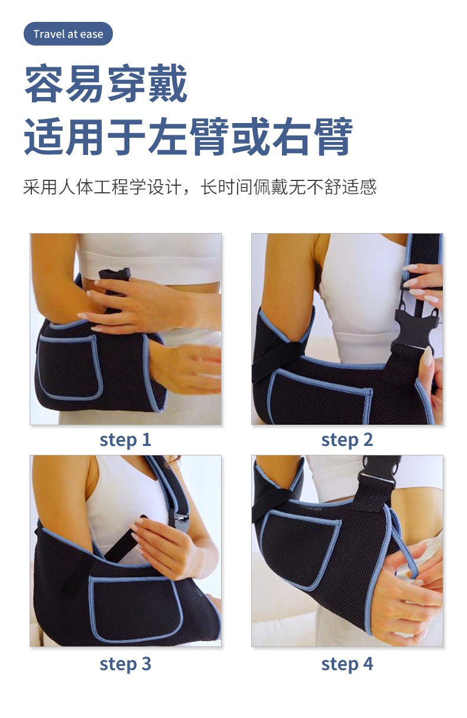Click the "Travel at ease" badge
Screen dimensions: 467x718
(x=68, y=34)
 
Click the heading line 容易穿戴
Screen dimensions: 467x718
(x=106, y=83)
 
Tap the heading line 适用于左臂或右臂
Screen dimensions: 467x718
(x=189, y=137)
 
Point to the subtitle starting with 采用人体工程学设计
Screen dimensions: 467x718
(x=199, y=186)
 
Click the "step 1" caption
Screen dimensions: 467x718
(x=125, y=441)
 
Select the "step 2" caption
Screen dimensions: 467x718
(x=347, y=441)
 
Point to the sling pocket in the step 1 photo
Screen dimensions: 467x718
(x=68, y=367)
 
